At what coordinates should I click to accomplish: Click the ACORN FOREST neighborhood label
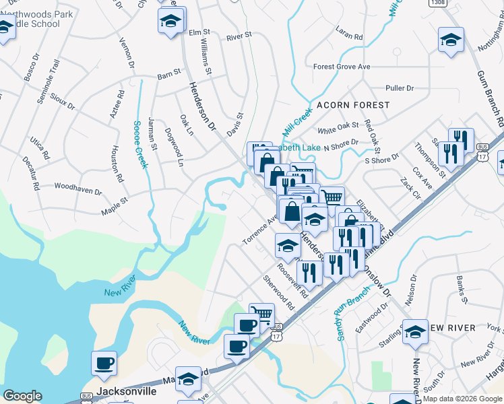pos(353,105)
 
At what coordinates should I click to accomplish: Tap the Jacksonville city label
pos(127,391)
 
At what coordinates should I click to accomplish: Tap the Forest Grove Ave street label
pos(342,67)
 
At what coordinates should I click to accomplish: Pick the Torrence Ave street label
pos(259,231)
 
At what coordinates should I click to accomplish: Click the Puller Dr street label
pos(399,88)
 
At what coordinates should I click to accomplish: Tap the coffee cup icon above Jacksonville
pos(104,363)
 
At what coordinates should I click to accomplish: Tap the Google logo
pos(22,396)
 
